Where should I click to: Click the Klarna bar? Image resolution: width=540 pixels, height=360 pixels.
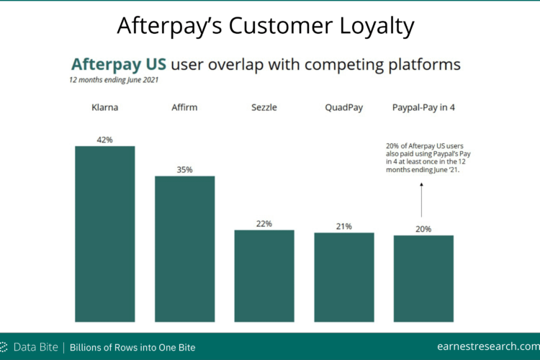(105, 234)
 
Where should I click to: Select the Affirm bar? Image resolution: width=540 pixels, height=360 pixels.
(184, 249)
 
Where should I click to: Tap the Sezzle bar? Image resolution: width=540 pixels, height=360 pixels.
(264, 276)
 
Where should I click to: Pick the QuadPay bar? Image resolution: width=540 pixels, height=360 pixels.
(344, 277)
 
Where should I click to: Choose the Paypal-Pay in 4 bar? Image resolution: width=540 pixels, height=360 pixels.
(423, 279)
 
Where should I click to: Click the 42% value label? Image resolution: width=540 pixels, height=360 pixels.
(104, 140)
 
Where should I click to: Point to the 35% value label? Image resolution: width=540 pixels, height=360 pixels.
(184, 170)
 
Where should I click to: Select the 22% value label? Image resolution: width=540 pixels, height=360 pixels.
(264, 224)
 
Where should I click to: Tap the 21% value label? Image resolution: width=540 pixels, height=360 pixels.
(344, 227)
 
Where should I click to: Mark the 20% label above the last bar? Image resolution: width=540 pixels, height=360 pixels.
(423, 230)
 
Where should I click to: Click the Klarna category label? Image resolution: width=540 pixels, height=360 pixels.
(104, 107)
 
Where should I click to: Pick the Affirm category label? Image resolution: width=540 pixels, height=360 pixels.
(184, 107)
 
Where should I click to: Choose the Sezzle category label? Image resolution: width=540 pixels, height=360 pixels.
(264, 107)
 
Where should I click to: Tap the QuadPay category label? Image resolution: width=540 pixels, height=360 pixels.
(344, 108)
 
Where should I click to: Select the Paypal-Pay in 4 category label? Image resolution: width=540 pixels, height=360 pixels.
(423, 108)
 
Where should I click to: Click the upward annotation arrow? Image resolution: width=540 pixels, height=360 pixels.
(421, 200)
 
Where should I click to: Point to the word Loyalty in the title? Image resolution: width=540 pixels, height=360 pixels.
(377, 26)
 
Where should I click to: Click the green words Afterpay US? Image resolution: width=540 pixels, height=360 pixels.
(119, 64)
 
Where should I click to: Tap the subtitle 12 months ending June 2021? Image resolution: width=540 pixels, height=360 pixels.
(114, 80)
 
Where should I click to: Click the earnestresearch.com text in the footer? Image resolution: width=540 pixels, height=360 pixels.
(488, 346)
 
